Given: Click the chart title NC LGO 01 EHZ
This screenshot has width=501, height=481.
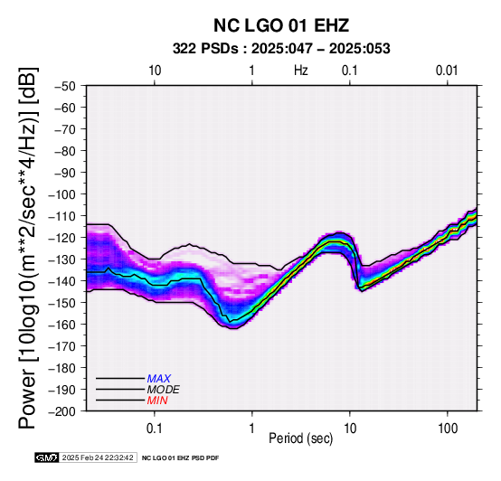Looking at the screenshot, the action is [281, 25].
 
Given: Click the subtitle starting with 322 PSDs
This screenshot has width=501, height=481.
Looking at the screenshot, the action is [281, 49].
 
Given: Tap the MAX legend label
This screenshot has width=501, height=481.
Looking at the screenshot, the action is [158, 379].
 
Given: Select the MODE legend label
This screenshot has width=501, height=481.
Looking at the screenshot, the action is [164, 390].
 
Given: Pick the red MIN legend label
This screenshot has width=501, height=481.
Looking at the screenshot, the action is [157, 401].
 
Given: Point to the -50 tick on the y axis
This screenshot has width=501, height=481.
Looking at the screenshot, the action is [65, 86].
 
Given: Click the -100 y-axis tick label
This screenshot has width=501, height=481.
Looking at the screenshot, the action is [62, 194].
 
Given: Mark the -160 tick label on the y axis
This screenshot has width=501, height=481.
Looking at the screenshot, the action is [62, 325].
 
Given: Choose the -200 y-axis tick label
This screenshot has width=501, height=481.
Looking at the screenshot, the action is [62, 411].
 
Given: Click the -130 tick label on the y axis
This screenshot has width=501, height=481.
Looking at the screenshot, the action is [62, 259].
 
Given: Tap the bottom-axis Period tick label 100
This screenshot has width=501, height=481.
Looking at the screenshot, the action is [448, 429].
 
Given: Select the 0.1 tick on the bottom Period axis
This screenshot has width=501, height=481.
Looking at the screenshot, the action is [155, 429].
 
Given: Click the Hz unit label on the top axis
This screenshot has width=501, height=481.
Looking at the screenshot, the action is [301, 71].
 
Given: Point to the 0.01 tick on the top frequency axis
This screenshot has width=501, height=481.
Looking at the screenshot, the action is [447, 71].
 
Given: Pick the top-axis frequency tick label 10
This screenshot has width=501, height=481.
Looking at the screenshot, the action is [155, 71].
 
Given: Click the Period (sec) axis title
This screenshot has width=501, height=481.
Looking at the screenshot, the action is [300, 439].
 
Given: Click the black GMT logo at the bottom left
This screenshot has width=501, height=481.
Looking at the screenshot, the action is [47, 457].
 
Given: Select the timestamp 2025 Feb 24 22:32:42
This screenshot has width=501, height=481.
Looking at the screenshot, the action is [98, 457].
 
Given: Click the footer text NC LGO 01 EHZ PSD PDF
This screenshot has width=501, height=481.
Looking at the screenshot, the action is [181, 458].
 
